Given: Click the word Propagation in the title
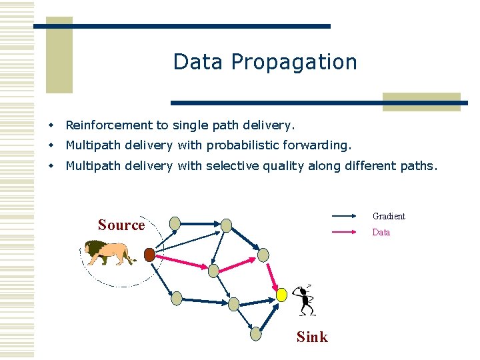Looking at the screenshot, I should click(x=294, y=63).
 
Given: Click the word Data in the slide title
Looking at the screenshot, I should click(x=199, y=62).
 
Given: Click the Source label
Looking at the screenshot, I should click(x=121, y=225).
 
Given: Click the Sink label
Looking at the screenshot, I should click(x=312, y=337).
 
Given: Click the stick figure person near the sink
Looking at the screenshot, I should click(x=305, y=300).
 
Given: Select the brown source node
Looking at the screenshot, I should click(x=149, y=255).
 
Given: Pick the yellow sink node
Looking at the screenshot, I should click(x=281, y=294).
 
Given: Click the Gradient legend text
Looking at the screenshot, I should click(x=389, y=216).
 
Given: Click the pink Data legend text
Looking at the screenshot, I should click(x=381, y=232).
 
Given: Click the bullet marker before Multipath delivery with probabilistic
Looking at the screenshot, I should click(x=50, y=145).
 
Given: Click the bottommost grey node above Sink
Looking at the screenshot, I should click(x=257, y=334).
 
